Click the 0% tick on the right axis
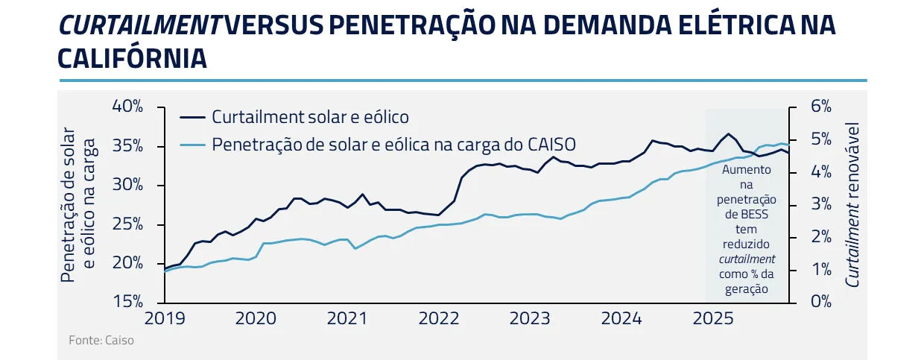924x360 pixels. [820, 302]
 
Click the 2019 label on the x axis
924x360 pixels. [164, 319]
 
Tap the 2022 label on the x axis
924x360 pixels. [439, 319]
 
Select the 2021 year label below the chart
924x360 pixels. [347, 319]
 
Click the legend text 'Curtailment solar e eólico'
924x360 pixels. [310, 117]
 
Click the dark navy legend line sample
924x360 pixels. [192, 118]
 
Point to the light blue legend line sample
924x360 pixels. [192, 145]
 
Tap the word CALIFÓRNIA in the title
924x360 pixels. [132, 59]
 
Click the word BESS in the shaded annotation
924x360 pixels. [762, 214]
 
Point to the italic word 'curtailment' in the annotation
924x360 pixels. [747, 259]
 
